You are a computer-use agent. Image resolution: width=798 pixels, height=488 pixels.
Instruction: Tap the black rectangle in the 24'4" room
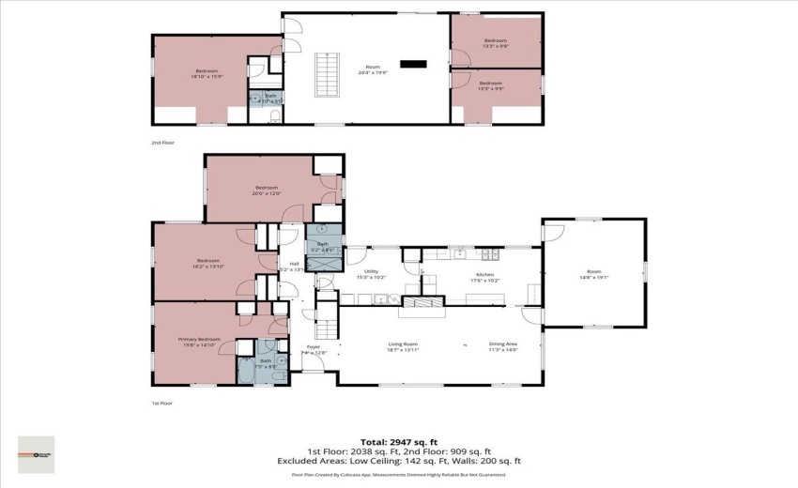[412, 64]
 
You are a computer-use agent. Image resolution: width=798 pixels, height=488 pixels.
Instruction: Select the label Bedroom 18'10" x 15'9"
[207, 74]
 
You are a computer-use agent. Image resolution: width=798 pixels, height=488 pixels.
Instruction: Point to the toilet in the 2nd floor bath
[273, 116]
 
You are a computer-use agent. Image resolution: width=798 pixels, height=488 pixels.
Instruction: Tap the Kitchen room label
[484, 277]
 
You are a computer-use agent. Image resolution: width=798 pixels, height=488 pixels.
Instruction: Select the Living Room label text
[403, 346]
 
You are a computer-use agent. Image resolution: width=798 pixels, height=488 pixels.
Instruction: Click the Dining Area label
[502, 346]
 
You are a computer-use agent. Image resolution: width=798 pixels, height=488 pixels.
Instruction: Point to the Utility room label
[371, 274]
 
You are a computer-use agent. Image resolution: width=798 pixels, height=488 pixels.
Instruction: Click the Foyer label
[314, 349]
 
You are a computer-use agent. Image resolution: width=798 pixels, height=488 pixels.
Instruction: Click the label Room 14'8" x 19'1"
[592, 276]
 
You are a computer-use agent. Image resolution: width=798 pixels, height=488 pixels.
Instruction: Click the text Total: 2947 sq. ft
[399, 441]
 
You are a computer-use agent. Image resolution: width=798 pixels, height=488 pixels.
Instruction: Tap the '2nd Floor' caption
[162, 143]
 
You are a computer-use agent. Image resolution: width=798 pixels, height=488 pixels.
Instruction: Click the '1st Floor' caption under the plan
[162, 403]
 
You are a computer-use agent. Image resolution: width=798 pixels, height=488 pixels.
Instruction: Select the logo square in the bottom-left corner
[36, 454]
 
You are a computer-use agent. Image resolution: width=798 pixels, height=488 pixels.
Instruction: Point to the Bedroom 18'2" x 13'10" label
[207, 263]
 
